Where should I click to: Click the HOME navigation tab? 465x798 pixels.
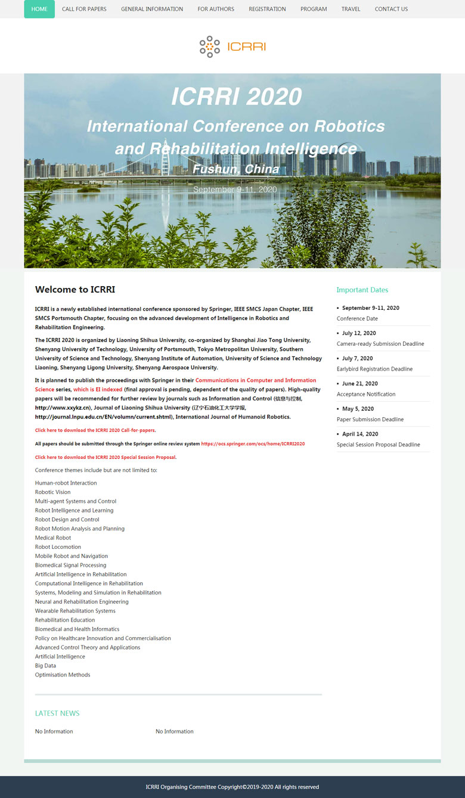point(39,9)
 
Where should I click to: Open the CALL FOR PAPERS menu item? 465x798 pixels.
point(84,9)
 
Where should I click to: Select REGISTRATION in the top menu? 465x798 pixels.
point(267,9)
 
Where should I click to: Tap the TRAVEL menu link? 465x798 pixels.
point(351,9)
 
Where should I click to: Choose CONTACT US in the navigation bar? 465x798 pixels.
point(391,9)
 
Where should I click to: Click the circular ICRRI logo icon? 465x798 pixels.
point(210,46)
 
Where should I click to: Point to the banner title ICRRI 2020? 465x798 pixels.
point(236,97)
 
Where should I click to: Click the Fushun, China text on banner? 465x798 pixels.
point(235,169)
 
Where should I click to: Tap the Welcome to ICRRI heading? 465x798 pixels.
point(75,290)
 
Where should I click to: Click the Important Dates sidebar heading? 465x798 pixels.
point(362,290)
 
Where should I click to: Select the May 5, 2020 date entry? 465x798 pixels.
point(358,409)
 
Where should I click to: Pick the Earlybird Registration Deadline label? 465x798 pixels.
point(374,369)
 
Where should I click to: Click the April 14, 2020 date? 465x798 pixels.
point(360,434)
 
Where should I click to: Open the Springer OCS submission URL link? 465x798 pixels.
point(253,444)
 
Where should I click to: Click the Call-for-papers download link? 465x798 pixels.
point(95,430)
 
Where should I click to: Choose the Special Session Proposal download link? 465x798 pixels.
point(106,458)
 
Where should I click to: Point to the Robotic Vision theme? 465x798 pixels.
point(52,492)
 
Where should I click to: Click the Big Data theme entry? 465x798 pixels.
point(45,666)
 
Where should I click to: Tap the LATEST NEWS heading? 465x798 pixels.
point(57,713)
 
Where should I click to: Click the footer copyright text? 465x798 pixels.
point(232,787)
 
